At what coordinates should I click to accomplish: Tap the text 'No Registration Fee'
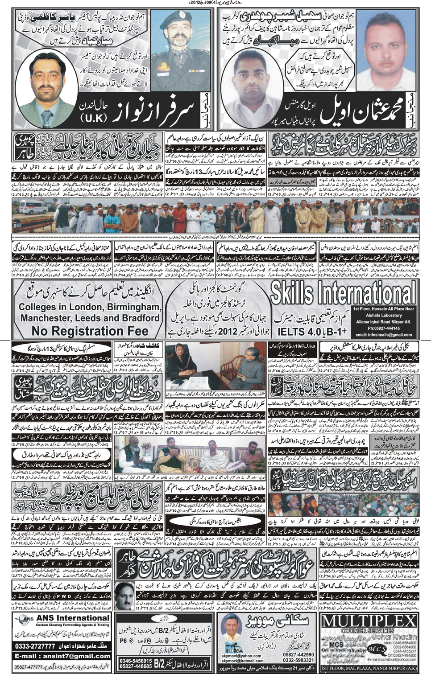coord(90,331)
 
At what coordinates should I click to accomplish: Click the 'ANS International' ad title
coord(72,618)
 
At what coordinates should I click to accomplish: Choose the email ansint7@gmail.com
coord(62,656)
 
